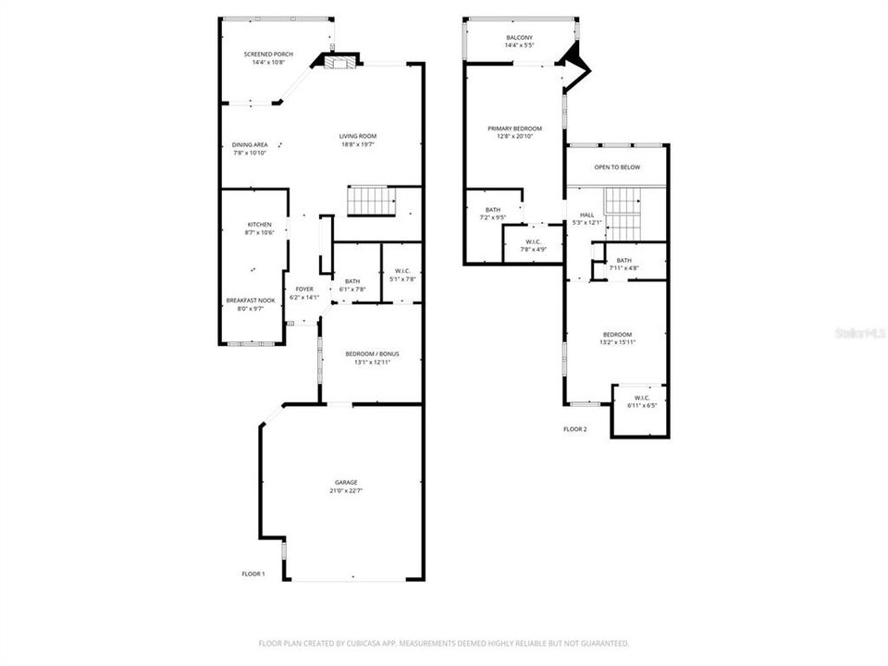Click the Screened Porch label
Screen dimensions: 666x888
point(268,55)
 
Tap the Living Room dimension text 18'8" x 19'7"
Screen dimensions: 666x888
point(358,144)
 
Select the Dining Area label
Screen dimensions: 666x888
point(249,144)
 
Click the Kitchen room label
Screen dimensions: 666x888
point(259,225)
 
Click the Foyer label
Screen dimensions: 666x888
point(304,290)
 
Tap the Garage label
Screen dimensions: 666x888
point(346,482)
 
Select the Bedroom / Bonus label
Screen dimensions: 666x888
point(372,353)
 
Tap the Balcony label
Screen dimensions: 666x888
point(519,37)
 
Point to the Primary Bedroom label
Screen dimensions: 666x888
point(515,128)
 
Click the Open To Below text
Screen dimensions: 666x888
point(617,167)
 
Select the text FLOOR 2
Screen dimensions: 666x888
point(575,429)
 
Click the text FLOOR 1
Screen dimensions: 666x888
point(253,574)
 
